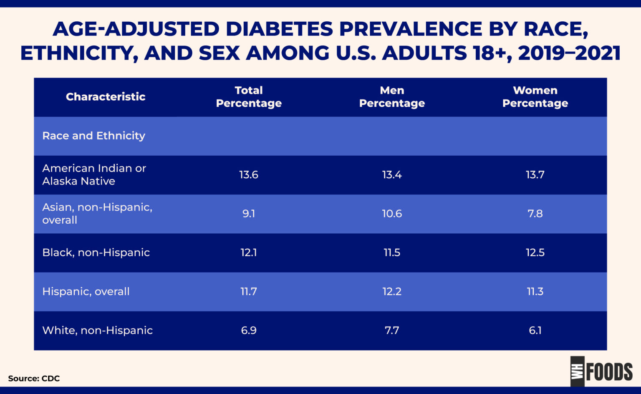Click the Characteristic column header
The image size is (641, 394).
[106, 97]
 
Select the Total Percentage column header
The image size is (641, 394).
[249, 97]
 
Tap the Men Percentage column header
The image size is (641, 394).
[392, 97]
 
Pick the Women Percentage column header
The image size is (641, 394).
[535, 97]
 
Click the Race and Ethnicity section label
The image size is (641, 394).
[94, 136]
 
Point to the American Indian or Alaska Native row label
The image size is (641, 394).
[94, 174]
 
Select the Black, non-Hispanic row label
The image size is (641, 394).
[96, 253]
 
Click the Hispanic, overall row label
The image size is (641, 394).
[86, 291]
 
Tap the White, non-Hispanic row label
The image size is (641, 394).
[97, 330]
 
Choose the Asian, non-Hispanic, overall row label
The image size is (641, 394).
[97, 213]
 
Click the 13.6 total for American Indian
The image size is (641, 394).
[249, 174]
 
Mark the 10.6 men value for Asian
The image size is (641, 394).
[392, 213]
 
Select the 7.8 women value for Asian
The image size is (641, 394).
[535, 213]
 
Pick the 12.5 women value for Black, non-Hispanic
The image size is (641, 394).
[535, 253]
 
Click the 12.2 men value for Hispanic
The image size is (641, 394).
[392, 291]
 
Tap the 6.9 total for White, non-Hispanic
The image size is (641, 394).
[249, 330]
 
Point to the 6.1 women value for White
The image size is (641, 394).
[535, 330]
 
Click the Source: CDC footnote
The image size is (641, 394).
[34, 379]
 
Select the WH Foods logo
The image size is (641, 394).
[601, 371]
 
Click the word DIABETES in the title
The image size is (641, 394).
[279, 29]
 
